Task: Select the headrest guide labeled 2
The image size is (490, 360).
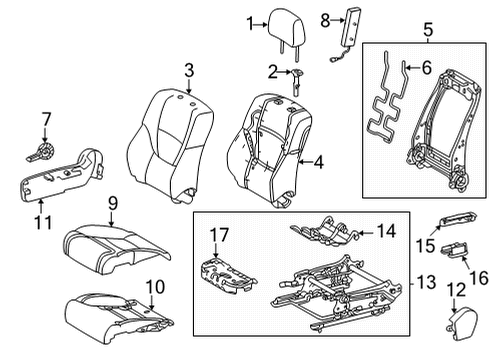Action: [296, 81]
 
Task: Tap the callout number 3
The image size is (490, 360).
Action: [189, 71]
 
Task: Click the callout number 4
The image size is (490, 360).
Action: [319, 162]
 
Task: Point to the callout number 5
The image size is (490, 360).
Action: [428, 30]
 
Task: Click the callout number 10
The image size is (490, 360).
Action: [155, 287]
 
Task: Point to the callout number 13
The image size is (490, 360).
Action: [426, 282]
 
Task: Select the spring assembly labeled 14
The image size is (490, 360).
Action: [326, 229]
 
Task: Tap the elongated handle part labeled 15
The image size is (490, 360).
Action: [457, 219]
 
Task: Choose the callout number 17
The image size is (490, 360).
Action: [219, 235]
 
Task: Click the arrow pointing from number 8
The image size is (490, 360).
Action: [337, 20]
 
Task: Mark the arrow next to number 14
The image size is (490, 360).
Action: [367, 232]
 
